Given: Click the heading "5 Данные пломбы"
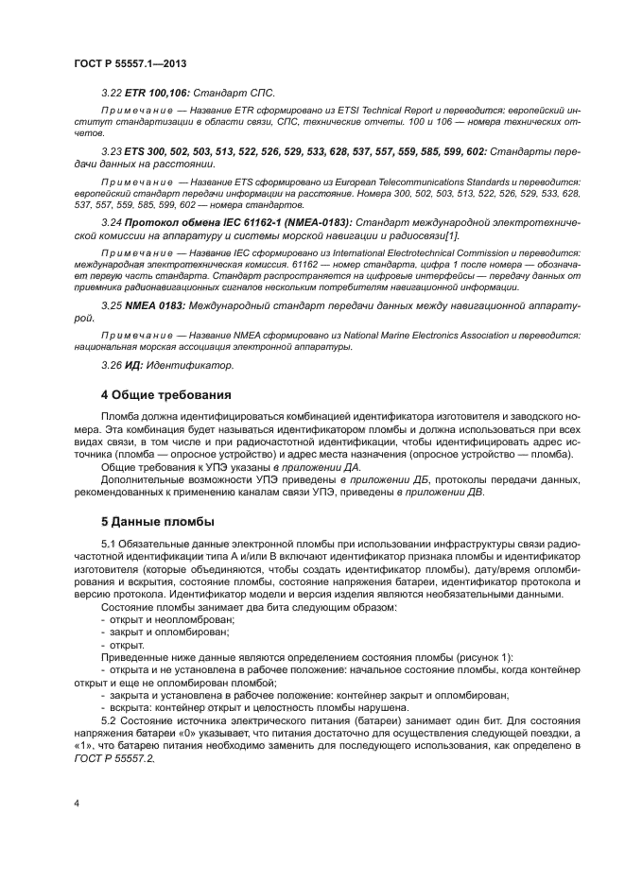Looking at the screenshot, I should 158,521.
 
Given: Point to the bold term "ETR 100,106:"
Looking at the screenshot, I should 155,93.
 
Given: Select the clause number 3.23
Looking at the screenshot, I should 111,150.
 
